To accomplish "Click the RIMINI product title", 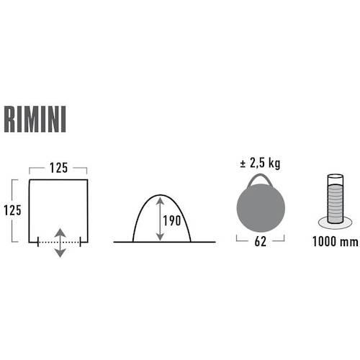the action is tap(35, 120).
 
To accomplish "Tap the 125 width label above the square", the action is tap(58, 168).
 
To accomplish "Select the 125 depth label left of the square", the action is tap(12, 210).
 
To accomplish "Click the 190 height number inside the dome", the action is tap(171, 220).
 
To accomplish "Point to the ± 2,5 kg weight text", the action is tap(260, 163).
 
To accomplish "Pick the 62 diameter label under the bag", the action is tap(261, 241).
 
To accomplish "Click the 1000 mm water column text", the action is tap(335, 241).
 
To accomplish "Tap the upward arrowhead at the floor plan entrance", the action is tap(60, 233).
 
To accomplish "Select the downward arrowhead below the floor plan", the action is tap(60, 253).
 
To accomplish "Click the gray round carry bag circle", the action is tap(261, 208).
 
